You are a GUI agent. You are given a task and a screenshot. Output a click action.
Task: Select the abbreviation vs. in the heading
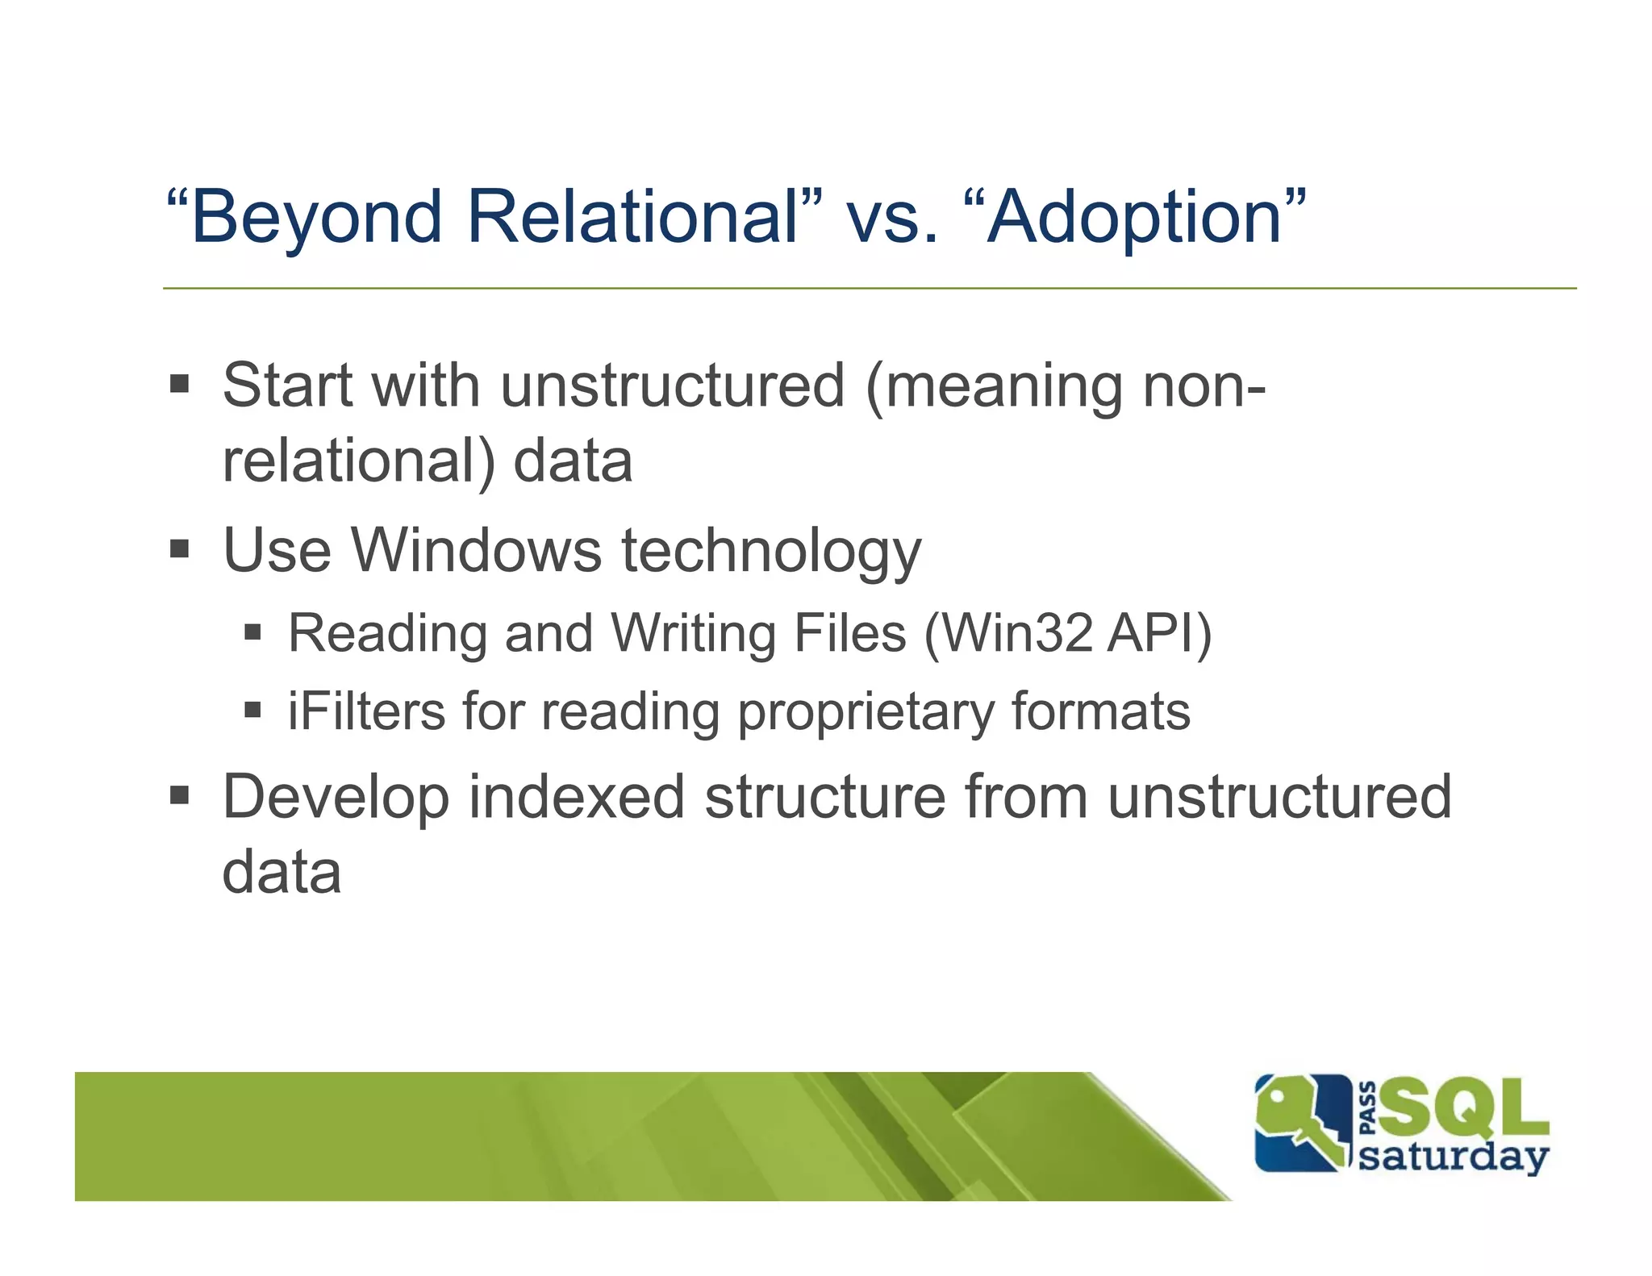tap(892, 219)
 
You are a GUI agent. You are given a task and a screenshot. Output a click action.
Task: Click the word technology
tap(770, 553)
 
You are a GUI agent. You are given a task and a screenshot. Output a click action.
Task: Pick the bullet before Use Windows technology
tap(179, 549)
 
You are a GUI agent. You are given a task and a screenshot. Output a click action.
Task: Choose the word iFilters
tap(366, 711)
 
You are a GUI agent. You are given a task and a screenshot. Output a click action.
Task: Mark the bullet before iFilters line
tap(253, 711)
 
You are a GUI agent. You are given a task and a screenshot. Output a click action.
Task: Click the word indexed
tap(576, 797)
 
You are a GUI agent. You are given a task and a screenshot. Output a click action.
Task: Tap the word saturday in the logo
tap(1453, 1157)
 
